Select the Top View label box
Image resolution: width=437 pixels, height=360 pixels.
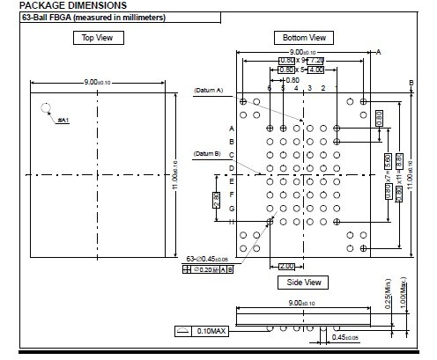click(x=98, y=38)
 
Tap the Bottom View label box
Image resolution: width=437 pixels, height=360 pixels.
click(x=304, y=38)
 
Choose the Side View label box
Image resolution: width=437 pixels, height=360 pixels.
click(x=303, y=283)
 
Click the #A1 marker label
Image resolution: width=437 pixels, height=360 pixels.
click(x=63, y=119)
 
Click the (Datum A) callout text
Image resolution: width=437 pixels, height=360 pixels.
click(x=209, y=91)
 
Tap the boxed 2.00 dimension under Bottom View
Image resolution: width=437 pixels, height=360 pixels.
click(x=287, y=266)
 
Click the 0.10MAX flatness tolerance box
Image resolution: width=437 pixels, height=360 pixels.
click(x=210, y=331)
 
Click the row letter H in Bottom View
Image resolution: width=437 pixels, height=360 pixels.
click(x=232, y=222)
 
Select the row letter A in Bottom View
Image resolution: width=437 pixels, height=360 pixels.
click(x=232, y=129)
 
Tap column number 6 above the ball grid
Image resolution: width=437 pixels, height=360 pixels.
click(x=270, y=89)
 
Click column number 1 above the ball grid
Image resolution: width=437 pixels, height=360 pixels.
click(x=337, y=89)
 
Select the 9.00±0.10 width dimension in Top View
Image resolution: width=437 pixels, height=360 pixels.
click(x=97, y=82)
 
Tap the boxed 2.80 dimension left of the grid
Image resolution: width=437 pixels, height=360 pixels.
click(x=217, y=200)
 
